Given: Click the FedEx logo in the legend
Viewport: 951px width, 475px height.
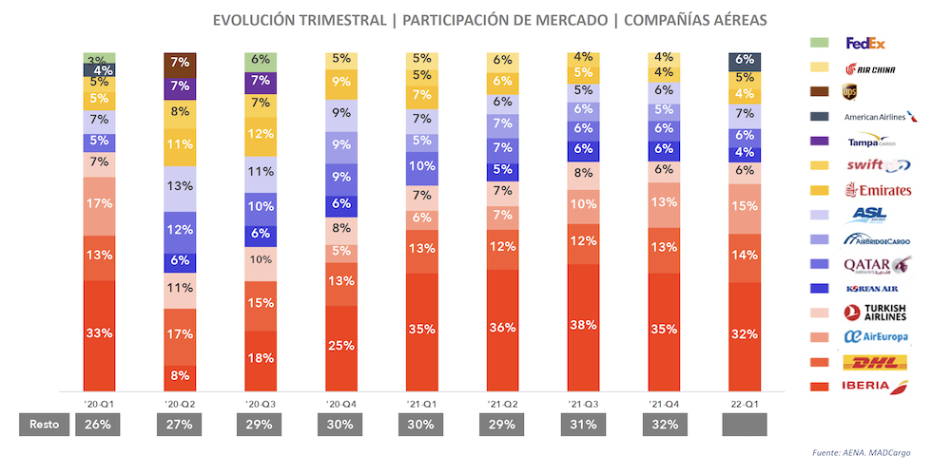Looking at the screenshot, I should [865, 43].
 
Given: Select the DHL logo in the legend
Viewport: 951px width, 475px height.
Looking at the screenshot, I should [875, 362].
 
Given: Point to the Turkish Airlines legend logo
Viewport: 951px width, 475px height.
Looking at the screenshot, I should [876, 313].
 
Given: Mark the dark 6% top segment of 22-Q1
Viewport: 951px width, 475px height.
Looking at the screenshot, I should [745, 60].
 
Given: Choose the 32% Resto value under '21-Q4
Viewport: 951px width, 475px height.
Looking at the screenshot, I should [664, 424].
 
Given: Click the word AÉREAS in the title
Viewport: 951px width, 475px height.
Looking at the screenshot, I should [728, 19].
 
